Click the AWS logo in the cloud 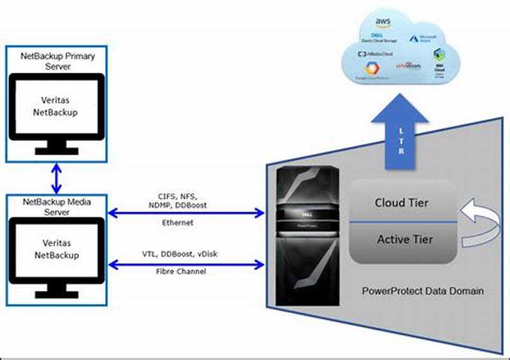point(382,23)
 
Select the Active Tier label point(404,240)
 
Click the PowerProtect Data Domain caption point(423,291)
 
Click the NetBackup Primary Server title point(58,61)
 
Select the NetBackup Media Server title point(57,207)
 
